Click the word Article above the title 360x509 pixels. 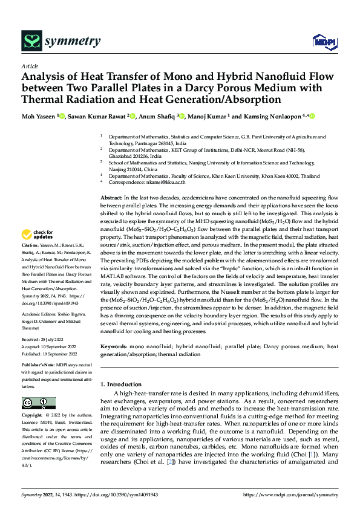(x=30, y=66)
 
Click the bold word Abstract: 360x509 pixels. (x=111, y=198)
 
